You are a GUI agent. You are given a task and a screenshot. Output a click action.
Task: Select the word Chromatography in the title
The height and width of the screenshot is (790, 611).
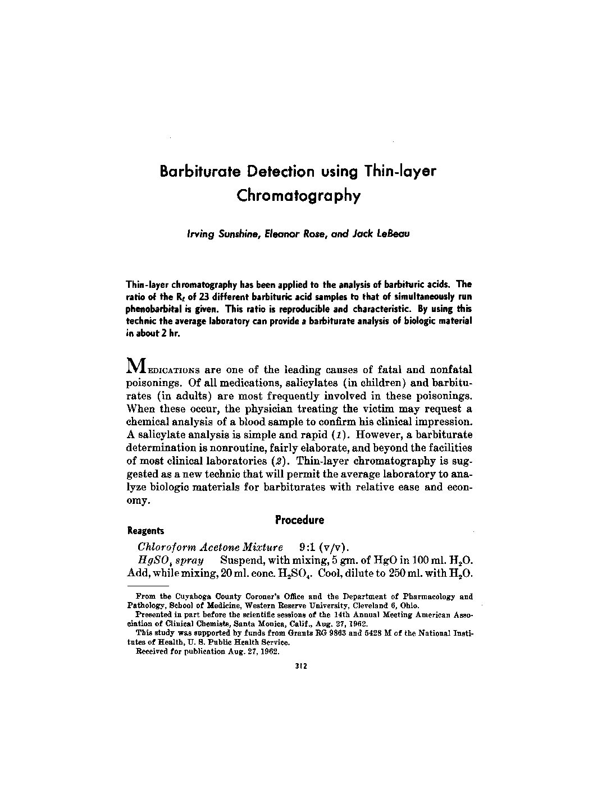click(x=298, y=196)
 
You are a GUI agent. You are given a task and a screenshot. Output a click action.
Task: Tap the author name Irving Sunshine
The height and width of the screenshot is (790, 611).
click(x=218, y=234)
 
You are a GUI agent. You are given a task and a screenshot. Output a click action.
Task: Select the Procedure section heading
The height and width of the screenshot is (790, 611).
click(x=299, y=520)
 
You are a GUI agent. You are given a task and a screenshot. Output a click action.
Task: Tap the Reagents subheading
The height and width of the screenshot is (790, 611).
click(x=146, y=530)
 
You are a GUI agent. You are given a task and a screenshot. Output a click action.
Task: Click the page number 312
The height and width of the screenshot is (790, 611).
click(x=299, y=667)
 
